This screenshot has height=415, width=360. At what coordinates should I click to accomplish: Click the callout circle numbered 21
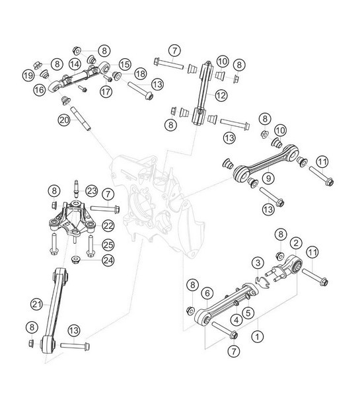pos(36,303)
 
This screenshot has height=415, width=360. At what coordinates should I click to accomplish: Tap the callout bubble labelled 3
pos(258,265)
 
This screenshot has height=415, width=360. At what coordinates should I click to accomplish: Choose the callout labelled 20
pos(63,120)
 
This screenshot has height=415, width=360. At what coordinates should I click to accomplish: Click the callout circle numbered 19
pos(28,75)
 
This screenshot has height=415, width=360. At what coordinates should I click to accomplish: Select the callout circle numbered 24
pos(108,260)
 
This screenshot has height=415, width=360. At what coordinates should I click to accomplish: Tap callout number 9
pos(268,178)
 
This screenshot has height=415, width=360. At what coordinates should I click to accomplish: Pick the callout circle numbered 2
pos(297,243)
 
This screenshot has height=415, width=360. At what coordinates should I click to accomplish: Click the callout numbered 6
pos(207,291)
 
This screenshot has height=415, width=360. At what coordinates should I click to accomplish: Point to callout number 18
pos(140,73)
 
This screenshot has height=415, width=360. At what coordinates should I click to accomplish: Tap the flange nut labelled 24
pos(77,258)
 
